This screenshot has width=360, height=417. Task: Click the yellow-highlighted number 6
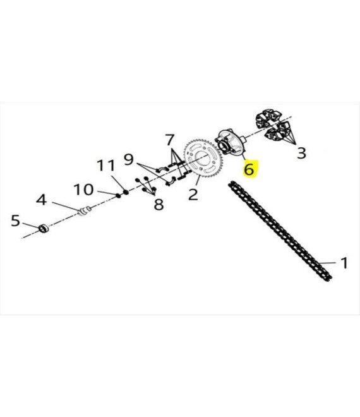pyautogui.click(x=249, y=169)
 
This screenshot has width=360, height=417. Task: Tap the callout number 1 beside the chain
pyautogui.click(x=344, y=263)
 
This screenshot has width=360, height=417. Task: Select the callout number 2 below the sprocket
pyautogui.click(x=193, y=195)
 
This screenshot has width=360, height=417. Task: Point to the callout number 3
pyautogui.click(x=301, y=153)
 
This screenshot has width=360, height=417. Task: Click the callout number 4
pyautogui.click(x=42, y=200)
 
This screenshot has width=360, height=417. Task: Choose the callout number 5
pyautogui.click(x=15, y=221)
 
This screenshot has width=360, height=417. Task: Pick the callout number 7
pyautogui.click(x=170, y=140)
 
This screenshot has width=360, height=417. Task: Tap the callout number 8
pyautogui.click(x=159, y=205)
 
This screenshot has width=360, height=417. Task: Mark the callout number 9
pyautogui.click(x=128, y=159)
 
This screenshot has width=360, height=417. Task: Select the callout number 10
pyautogui.click(x=83, y=190)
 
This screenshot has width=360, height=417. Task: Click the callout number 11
pyautogui.click(x=106, y=166)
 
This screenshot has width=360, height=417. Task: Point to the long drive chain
pyautogui.click(x=280, y=231)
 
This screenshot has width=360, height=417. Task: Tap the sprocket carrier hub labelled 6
pyautogui.click(x=230, y=142)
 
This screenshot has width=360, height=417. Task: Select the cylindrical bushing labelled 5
pyautogui.click(x=44, y=229)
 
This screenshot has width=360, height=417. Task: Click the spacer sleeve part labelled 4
pyautogui.click(x=85, y=210)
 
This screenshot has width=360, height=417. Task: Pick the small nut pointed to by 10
pyautogui.click(x=118, y=196)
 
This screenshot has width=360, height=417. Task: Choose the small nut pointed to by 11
pyautogui.click(x=126, y=191)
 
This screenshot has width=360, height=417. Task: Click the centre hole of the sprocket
pyautogui.click(x=203, y=159)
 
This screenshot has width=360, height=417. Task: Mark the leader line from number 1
pyautogui.click(x=328, y=263)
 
